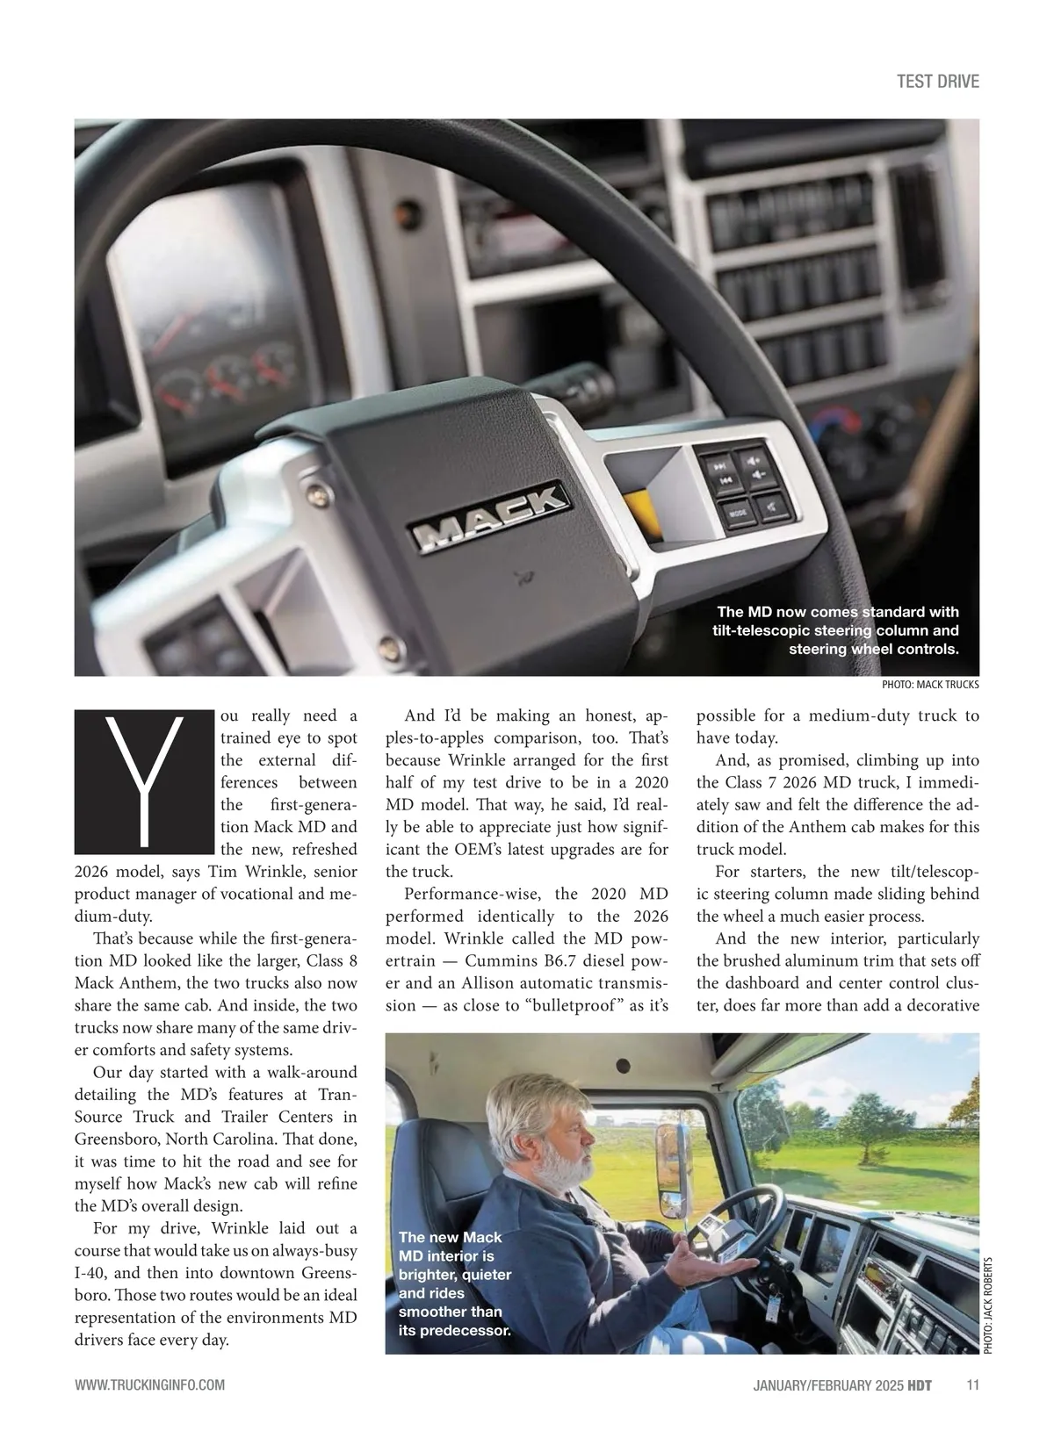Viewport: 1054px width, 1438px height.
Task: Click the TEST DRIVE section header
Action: coord(937,82)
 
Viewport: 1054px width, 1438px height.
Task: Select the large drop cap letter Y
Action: coord(144,782)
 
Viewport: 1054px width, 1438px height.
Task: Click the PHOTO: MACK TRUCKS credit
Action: coord(929,685)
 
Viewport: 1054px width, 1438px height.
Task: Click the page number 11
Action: coord(971,1385)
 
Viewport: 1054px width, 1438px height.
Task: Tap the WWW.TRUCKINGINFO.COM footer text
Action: coord(150,1385)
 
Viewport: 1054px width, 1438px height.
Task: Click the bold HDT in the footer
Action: coord(920,1385)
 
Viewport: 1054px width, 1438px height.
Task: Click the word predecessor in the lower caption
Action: coord(466,1330)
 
